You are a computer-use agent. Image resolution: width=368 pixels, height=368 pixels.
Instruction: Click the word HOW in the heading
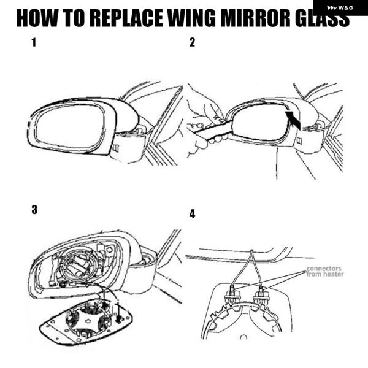coord(37,18)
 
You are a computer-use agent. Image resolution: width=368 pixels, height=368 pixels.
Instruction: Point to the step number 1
coord(34,42)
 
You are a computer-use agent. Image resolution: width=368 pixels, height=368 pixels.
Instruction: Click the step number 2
coord(192,42)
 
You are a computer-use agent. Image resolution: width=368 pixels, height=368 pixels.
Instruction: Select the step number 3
coord(34,210)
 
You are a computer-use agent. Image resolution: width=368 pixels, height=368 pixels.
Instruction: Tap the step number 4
coord(192,214)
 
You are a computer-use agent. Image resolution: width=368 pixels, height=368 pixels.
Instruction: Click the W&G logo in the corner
coord(340,8)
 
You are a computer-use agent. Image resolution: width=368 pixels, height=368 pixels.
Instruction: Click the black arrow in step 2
coord(293,120)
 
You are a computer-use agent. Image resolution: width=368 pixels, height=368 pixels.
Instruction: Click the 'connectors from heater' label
coord(325,271)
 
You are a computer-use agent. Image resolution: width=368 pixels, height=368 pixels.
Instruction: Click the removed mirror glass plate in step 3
coord(86,321)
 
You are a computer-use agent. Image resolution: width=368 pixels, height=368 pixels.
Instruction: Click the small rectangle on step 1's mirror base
coord(116,148)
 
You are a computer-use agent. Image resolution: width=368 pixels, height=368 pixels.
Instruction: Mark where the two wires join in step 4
coord(251,251)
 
